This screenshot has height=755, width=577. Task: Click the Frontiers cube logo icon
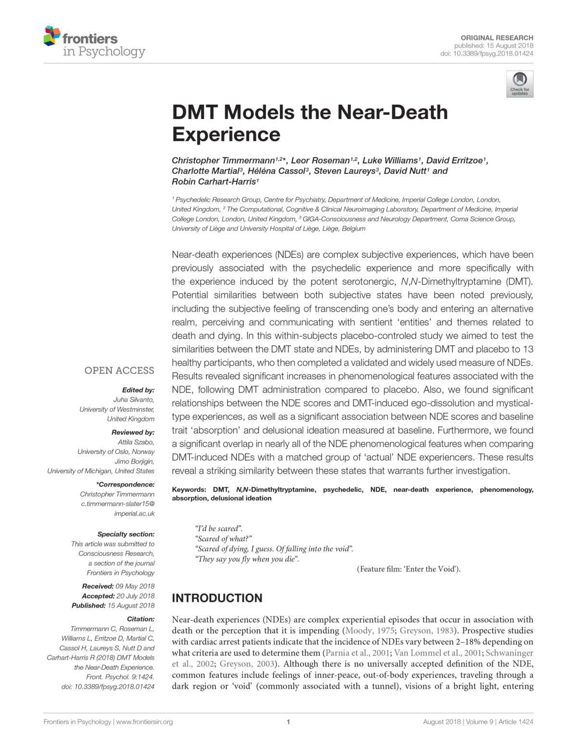[x=51, y=37]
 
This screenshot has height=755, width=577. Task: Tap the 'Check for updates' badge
[x=519, y=84]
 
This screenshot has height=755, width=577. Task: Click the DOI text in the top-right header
[x=487, y=53]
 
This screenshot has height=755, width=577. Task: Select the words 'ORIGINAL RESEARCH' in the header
[x=497, y=37]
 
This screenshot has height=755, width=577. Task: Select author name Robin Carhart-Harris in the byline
[x=213, y=182]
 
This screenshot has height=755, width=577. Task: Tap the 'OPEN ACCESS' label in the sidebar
[x=119, y=370]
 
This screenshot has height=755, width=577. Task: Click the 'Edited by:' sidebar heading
[x=138, y=390]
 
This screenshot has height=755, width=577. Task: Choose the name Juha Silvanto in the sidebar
[x=134, y=400]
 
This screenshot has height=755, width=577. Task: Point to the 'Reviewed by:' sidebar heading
[x=133, y=432]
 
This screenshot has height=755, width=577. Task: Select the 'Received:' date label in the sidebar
[x=98, y=586]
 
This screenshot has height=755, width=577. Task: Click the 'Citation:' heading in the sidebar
[x=140, y=619]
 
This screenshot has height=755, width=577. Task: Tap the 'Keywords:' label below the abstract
[x=189, y=489]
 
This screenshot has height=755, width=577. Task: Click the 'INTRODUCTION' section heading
[x=217, y=598]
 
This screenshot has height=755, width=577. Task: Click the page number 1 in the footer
[x=288, y=721]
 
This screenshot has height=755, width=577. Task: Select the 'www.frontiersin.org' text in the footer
[x=144, y=721]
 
